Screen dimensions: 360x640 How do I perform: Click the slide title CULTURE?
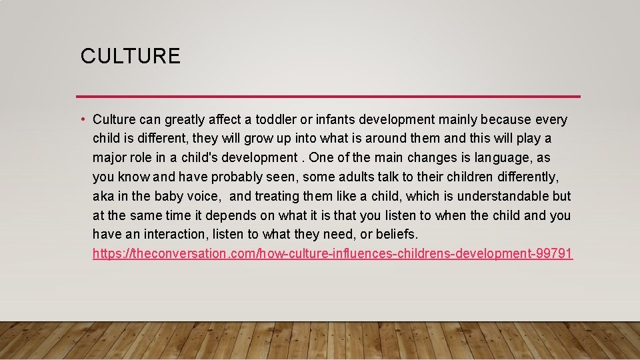point(130,56)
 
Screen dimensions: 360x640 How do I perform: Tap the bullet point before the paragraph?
point(82,120)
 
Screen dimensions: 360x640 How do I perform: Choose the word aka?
point(103,197)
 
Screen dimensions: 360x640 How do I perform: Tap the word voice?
point(205,197)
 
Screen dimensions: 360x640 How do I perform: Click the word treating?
point(277,197)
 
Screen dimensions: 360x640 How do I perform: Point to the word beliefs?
point(396,235)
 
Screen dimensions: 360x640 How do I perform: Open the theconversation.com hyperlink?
point(332,254)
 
